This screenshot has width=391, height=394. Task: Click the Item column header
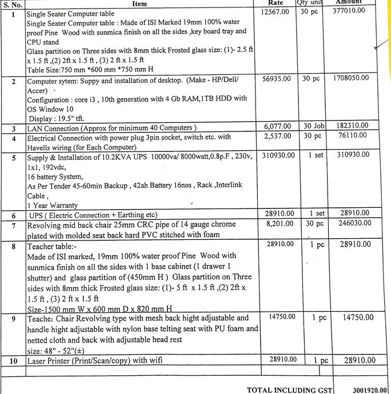tap(139, 3)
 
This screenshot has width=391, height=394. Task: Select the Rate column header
tap(276, 3)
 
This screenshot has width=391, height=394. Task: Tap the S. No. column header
tap(13, 4)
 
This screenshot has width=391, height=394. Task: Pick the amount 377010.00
tap(349, 10)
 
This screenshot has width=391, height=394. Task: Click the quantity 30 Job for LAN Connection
tap(313, 126)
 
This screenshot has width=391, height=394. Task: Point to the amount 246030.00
tap(350, 224)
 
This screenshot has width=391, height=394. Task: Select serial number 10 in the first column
tap(13, 361)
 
